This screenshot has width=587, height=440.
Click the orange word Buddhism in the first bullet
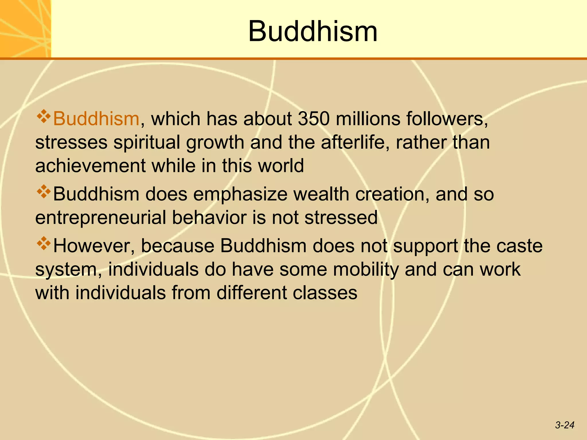tap(96, 119)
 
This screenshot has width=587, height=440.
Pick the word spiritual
tap(146, 142)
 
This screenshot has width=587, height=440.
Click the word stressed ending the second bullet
tap(341, 217)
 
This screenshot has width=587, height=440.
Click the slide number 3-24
tap(564, 425)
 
